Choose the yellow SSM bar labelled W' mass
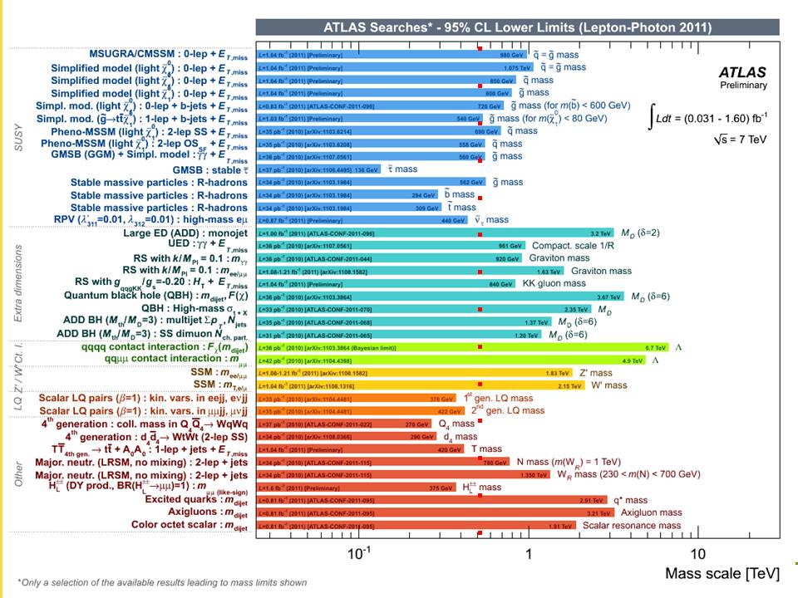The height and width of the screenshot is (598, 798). [x=416, y=385]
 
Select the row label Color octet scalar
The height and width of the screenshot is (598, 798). [x=189, y=525]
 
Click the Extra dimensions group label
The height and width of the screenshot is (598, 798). [x=18, y=283]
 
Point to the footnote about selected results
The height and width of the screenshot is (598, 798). [x=162, y=582]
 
